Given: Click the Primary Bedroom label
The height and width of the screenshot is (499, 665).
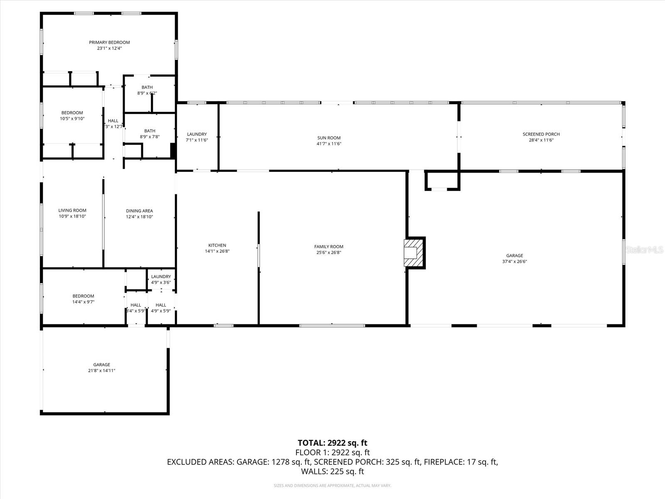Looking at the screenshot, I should click(109, 42).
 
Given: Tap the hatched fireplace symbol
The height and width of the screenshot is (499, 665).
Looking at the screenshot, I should click(414, 252).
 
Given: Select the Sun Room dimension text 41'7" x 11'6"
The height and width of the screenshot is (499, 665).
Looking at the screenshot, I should click(329, 144).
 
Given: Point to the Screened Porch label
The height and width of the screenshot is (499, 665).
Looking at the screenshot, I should click(541, 134).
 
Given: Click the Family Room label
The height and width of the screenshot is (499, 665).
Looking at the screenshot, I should click(328, 247).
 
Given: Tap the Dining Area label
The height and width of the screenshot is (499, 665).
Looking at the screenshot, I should click(139, 211).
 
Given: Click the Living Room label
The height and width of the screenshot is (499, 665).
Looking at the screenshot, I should click(72, 210).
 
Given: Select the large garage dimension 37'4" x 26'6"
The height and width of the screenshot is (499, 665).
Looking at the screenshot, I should click(515, 262).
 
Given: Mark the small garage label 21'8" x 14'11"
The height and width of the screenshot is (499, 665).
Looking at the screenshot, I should click(101, 371).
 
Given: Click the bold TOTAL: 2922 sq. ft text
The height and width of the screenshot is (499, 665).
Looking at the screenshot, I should click(332, 443).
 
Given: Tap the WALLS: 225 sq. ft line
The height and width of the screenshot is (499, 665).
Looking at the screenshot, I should click(332, 471).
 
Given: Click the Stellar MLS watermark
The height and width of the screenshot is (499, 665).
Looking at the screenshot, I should click(644, 249).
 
